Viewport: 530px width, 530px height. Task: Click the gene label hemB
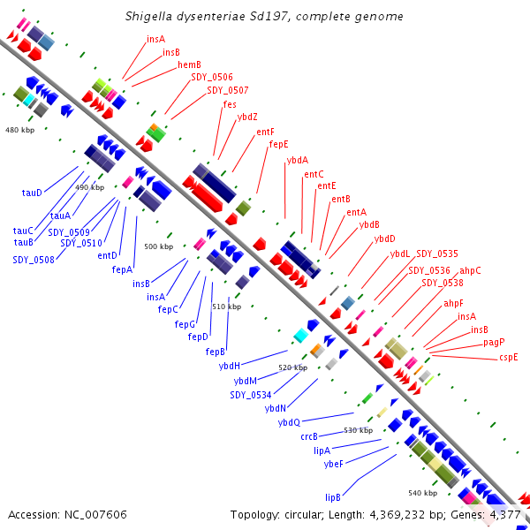[x=189, y=64]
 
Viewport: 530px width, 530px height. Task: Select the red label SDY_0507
[x=227, y=90]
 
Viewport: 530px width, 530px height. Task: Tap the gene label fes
[x=230, y=104]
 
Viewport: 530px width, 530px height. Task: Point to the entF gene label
[x=265, y=132]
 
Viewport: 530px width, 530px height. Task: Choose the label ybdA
[x=298, y=160]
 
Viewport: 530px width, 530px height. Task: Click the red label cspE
[x=508, y=357]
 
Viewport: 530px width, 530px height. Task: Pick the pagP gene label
[x=494, y=342]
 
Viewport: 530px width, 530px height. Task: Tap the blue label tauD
[x=32, y=192]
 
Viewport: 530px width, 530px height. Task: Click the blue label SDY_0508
[x=34, y=260]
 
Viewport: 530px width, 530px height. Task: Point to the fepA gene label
[x=122, y=269]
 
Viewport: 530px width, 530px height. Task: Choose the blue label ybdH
[x=230, y=366]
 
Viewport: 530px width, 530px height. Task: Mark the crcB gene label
[x=309, y=436]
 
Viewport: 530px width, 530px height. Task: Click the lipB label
[x=333, y=497]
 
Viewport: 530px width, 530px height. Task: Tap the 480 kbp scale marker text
[x=19, y=130]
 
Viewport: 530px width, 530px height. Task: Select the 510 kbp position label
[x=227, y=307]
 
